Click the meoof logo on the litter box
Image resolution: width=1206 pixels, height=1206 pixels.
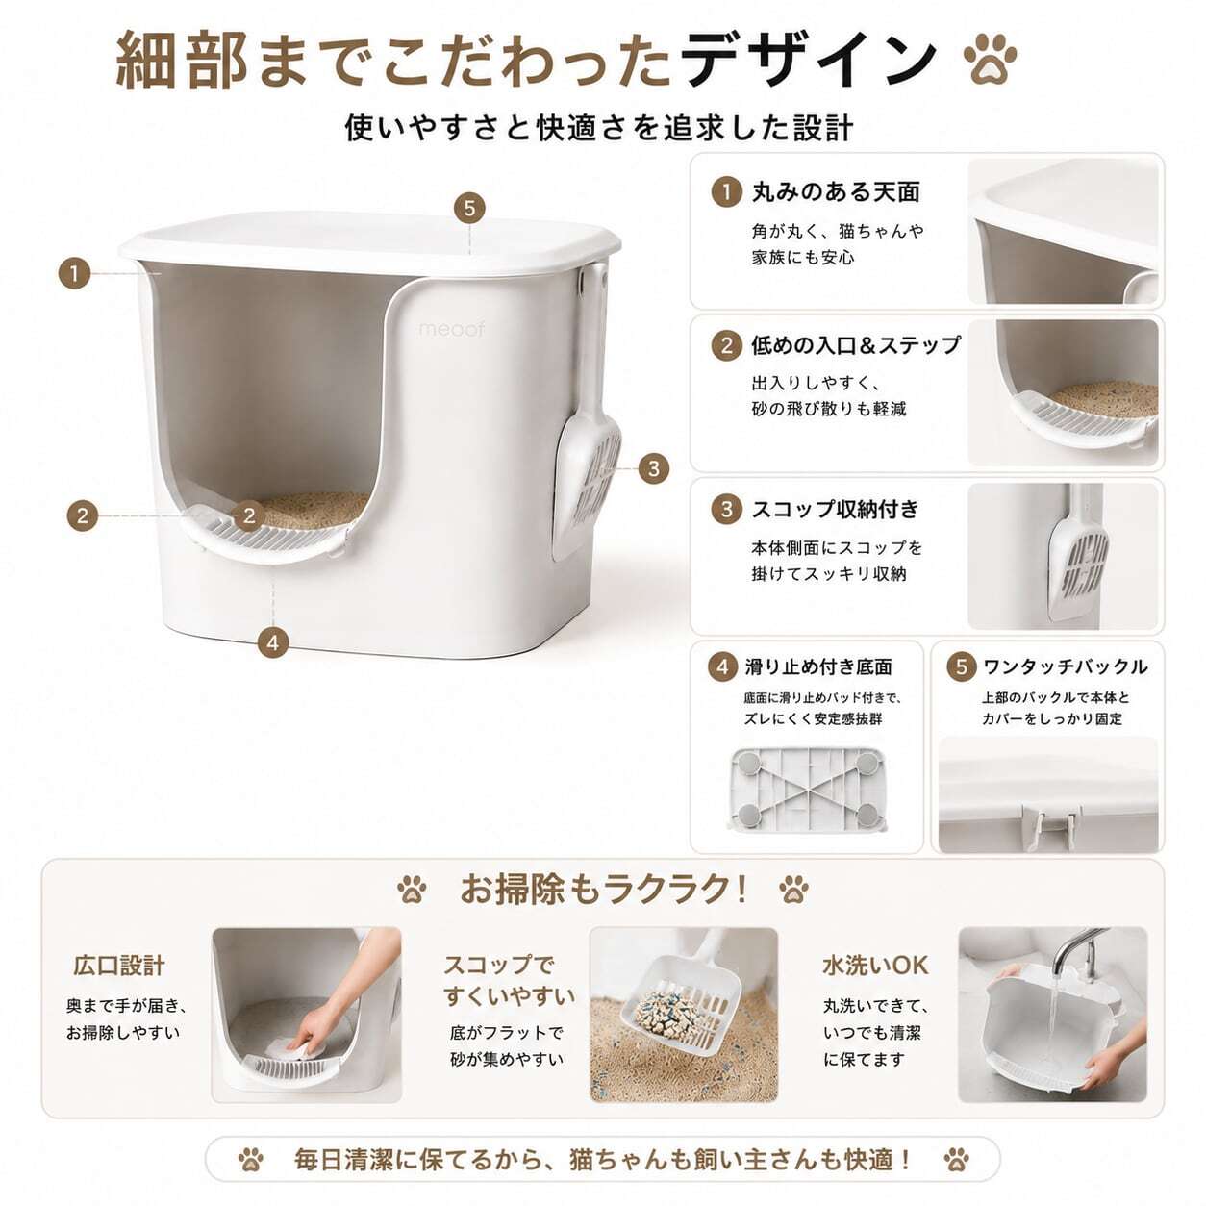point(451,329)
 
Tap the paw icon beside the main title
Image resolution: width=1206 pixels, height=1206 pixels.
point(990,60)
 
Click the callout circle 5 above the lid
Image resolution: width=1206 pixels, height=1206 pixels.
point(469,208)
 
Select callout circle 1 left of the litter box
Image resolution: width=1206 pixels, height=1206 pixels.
point(74,273)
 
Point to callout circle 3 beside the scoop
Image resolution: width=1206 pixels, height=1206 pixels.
point(653,468)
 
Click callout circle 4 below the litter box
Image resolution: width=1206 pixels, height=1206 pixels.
point(272,642)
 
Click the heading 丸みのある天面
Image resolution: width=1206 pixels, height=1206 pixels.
point(836,191)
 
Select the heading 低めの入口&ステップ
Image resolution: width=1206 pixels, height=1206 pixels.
point(856,345)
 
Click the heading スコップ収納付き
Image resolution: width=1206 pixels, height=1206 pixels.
point(836,509)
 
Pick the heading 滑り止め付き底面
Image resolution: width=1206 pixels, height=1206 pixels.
point(818,667)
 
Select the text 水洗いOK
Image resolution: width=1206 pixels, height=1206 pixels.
point(875,965)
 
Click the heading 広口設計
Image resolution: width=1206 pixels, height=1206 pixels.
point(119,965)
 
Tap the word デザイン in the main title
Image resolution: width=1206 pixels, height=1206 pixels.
point(809,60)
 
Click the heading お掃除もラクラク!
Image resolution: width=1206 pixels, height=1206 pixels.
point(603,889)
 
